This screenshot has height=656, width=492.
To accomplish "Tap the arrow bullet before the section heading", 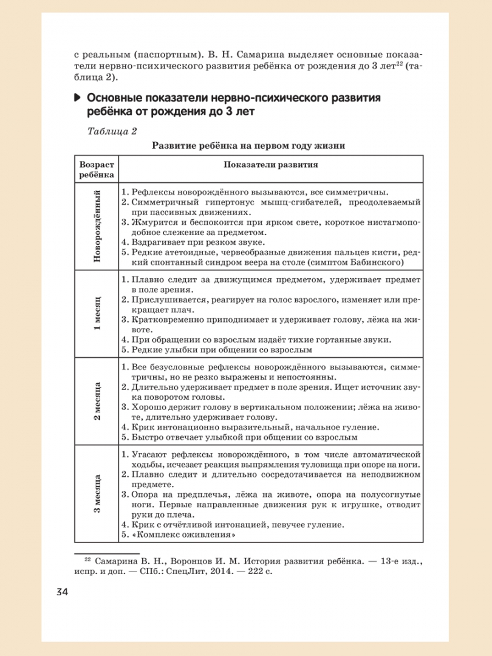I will (77, 98).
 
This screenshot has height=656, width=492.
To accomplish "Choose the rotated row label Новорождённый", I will (96, 225).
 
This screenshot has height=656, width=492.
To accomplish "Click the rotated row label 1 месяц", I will (96, 313).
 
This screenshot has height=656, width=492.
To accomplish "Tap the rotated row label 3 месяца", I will (96, 494).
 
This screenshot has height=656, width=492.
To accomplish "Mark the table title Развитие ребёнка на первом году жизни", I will (248, 146).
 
